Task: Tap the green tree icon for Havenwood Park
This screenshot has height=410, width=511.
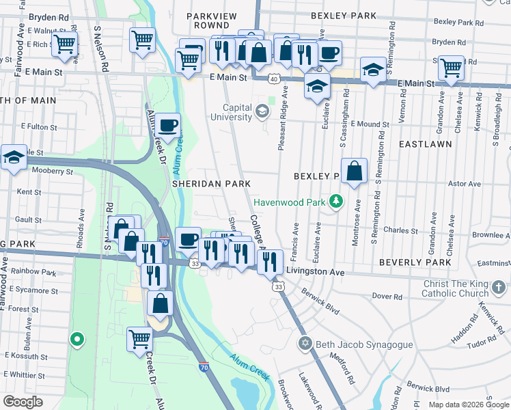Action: (x=335, y=202)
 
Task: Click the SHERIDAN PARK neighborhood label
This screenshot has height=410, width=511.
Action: (x=207, y=184)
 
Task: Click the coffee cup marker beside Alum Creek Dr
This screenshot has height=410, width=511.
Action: (x=167, y=126)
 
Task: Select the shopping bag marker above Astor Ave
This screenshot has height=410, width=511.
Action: (x=354, y=172)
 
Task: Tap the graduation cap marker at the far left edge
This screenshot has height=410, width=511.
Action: (x=13, y=158)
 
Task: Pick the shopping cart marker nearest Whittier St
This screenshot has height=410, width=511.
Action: (x=139, y=337)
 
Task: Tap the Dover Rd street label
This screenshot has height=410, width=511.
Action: (x=387, y=296)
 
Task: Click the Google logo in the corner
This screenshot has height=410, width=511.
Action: (x=23, y=402)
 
